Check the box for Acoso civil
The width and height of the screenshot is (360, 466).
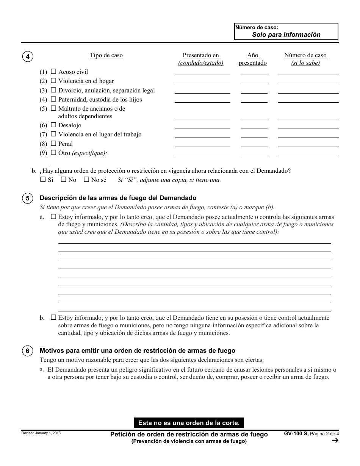click(x=53, y=72)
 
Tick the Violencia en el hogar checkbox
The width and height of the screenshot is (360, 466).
click(x=53, y=81)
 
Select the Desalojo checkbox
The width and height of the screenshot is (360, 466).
click(x=53, y=125)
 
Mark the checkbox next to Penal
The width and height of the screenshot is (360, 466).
click(x=53, y=144)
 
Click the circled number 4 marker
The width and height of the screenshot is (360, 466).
click(x=28, y=57)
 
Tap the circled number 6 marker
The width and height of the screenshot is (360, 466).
click(x=28, y=351)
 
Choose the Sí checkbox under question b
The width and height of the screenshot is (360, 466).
click(x=43, y=180)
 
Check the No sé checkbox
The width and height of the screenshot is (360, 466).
click(x=86, y=180)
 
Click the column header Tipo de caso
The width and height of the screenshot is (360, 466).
click(x=106, y=55)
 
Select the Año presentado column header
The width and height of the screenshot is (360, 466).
click(x=253, y=59)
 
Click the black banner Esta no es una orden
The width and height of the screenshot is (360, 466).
click(x=189, y=422)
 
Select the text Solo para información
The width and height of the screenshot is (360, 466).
click(x=286, y=34)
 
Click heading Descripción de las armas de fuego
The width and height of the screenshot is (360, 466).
click(x=118, y=198)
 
